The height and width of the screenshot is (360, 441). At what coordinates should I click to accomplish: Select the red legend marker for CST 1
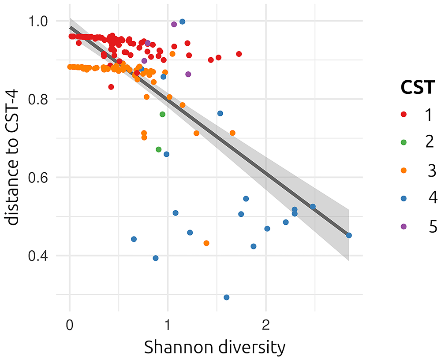(404, 115)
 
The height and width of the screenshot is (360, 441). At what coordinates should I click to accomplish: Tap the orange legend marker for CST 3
(404, 170)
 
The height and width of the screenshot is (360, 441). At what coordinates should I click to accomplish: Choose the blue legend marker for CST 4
(404, 198)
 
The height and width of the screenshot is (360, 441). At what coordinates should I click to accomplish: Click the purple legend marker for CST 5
(404, 226)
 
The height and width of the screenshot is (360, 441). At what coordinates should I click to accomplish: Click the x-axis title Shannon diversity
(215, 348)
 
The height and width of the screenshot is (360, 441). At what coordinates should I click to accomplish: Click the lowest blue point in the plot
(227, 297)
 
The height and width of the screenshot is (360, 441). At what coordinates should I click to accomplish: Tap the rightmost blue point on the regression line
(349, 235)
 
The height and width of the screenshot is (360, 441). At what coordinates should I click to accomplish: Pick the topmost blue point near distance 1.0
(182, 22)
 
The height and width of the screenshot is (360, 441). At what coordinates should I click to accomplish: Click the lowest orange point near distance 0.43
(206, 243)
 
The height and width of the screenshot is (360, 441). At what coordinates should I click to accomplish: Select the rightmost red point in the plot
(239, 54)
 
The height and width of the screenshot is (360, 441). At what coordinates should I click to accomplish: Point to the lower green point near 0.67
(159, 149)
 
